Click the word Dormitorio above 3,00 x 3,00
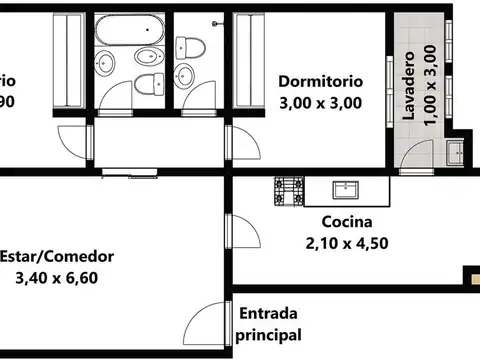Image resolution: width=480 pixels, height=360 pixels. tap(320, 81)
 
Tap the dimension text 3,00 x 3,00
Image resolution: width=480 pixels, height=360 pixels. tap(320, 101)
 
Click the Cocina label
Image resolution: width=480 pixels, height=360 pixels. tap(347, 222)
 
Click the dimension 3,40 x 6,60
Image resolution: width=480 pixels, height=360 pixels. tap(57, 278)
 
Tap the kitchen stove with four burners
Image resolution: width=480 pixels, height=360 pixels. tap(290, 190)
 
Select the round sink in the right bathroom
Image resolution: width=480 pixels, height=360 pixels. tap(186, 76)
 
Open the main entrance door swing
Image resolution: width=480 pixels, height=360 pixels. tap(210, 322)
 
